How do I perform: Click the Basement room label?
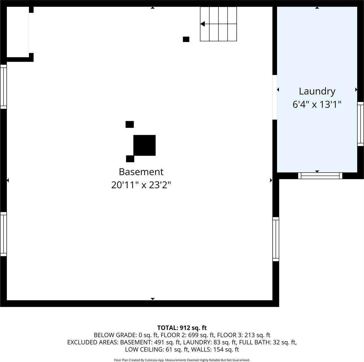point(141,172)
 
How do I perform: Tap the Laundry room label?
point(317,91)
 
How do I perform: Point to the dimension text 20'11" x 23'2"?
point(141,185)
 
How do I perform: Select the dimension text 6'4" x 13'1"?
point(317,105)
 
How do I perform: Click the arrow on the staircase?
point(202,24)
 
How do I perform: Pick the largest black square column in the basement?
point(145,145)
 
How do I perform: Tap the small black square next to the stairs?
point(186,39)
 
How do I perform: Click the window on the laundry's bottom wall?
point(320,176)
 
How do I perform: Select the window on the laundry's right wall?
point(360,124)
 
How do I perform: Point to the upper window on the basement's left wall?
point(3,86)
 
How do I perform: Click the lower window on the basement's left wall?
point(3,234)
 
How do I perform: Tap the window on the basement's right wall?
point(276,239)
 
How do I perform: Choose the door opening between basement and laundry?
point(275,97)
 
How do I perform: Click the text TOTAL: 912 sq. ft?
point(182,328)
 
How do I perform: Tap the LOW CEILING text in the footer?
point(144,350)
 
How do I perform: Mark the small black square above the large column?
point(130,124)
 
